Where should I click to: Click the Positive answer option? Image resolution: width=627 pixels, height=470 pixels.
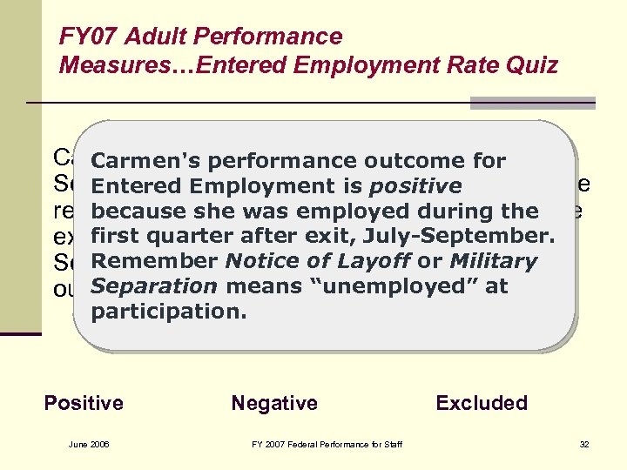click(84, 403)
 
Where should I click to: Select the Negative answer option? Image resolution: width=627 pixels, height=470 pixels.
click(274, 403)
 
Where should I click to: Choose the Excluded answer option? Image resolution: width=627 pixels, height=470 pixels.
click(482, 403)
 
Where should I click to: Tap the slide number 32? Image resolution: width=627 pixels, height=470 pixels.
click(584, 445)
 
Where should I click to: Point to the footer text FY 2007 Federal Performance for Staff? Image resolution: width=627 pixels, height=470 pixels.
click(327, 445)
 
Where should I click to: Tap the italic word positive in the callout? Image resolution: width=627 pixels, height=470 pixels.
click(415, 186)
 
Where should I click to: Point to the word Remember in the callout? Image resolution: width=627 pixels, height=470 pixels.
click(155, 261)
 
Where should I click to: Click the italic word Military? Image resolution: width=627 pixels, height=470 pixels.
click(493, 261)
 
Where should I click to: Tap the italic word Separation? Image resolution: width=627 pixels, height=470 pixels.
click(153, 286)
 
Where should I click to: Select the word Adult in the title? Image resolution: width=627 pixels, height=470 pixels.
click(153, 37)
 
